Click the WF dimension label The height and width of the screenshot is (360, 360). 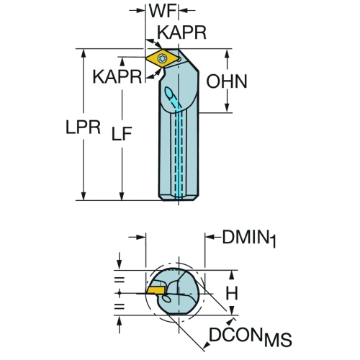[163, 11]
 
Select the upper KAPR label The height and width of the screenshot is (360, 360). [181, 32]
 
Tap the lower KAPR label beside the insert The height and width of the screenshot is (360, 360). [117, 76]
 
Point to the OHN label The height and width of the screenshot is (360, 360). [227, 81]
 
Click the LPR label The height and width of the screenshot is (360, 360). [83, 127]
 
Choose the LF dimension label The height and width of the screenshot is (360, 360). [122, 133]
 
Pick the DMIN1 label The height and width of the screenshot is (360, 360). [249, 238]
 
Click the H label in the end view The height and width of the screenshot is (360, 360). [232, 293]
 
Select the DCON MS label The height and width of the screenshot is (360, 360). [251, 336]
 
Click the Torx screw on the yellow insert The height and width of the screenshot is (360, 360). [161, 58]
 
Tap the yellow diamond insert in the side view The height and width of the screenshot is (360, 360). [162, 58]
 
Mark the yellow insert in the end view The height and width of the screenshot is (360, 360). [156, 290]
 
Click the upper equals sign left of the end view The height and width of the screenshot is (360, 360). [120, 280]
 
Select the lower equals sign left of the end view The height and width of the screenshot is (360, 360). [120, 306]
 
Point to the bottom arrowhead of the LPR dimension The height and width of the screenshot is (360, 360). [84, 196]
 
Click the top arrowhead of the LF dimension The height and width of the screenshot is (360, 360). [122, 62]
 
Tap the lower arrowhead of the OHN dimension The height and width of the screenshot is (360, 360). [227, 108]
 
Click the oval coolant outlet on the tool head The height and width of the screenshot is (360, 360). [168, 93]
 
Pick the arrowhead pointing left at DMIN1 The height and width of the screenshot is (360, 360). [210, 237]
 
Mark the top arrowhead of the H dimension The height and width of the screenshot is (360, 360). [232, 275]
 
